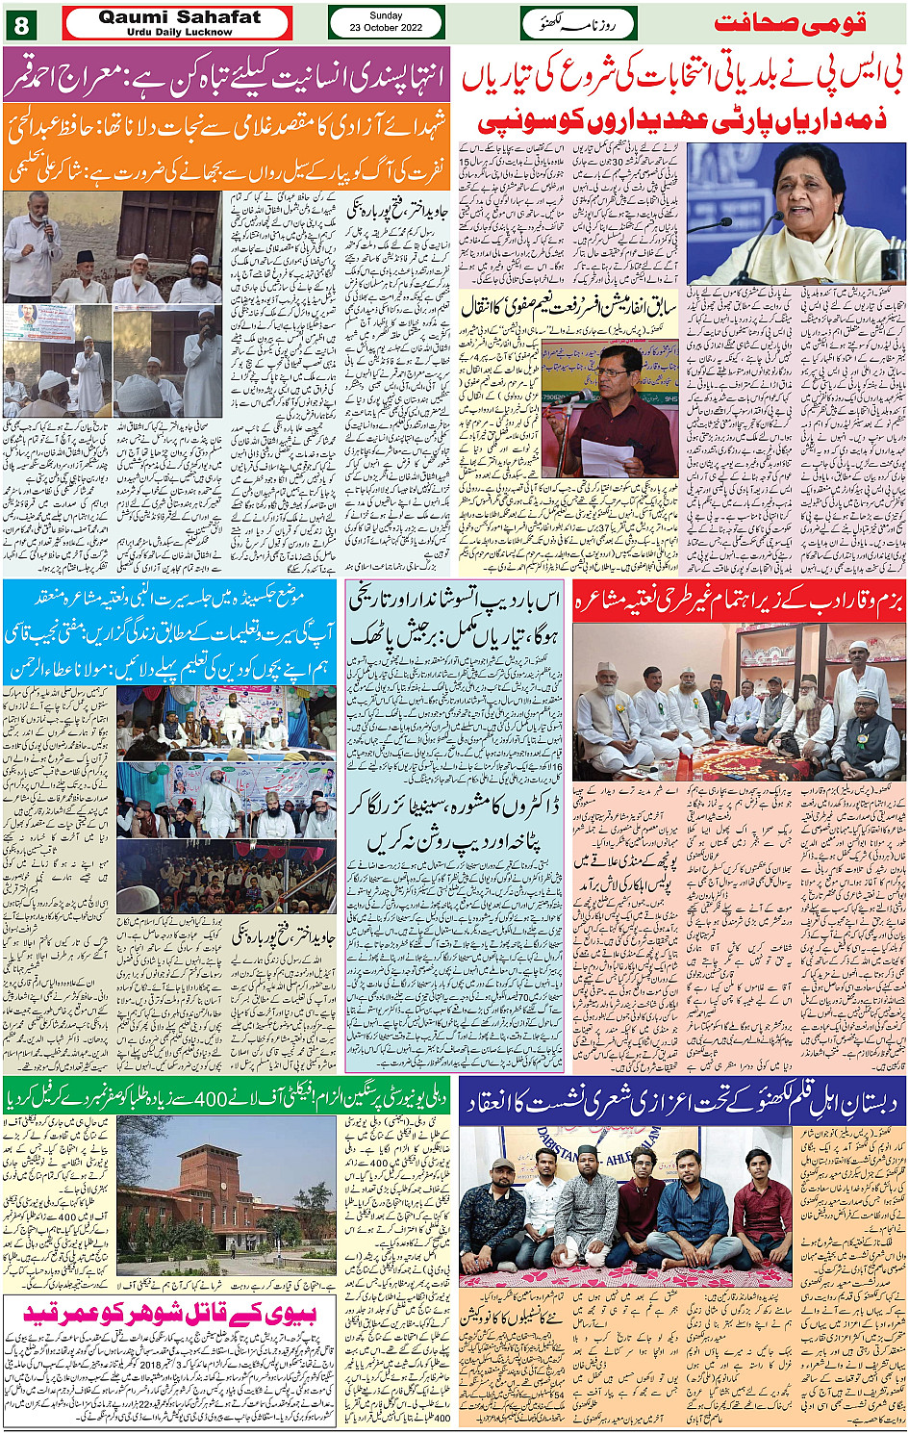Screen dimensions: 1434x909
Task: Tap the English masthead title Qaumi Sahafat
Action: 179,17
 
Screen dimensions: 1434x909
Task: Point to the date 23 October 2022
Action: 386,29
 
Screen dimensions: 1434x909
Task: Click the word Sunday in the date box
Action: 386,15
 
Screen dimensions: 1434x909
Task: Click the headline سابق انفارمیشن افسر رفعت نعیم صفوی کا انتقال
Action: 568,307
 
